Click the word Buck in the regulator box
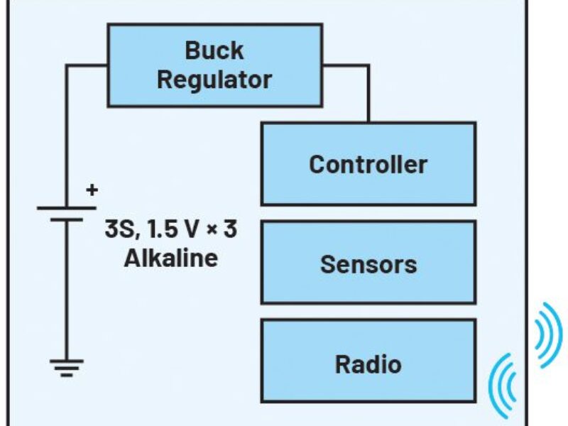pyautogui.click(x=214, y=51)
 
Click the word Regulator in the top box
pyautogui.click(x=214, y=80)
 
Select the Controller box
pyautogui.click(x=368, y=164)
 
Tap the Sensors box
pyautogui.click(x=368, y=263)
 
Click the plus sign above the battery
pyautogui.click(x=92, y=190)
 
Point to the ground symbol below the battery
pyautogui.click(x=67, y=366)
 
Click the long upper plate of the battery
pyautogui.click(x=67, y=208)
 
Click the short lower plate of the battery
pyautogui.click(x=67, y=219)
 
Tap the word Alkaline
pyautogui.click(x=171, y=258)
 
